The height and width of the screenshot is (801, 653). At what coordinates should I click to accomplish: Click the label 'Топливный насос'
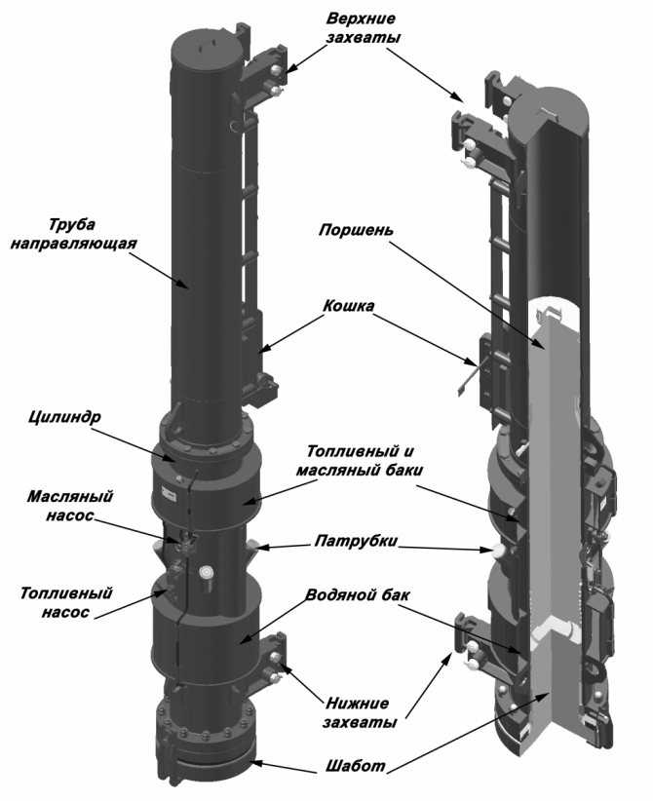pos(59,601)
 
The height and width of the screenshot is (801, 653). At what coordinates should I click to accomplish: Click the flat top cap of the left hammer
pos(204,45)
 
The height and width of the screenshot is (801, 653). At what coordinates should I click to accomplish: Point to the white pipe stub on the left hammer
pos(207,574)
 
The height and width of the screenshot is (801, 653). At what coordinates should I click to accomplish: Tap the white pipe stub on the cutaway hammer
pos(499,551)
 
